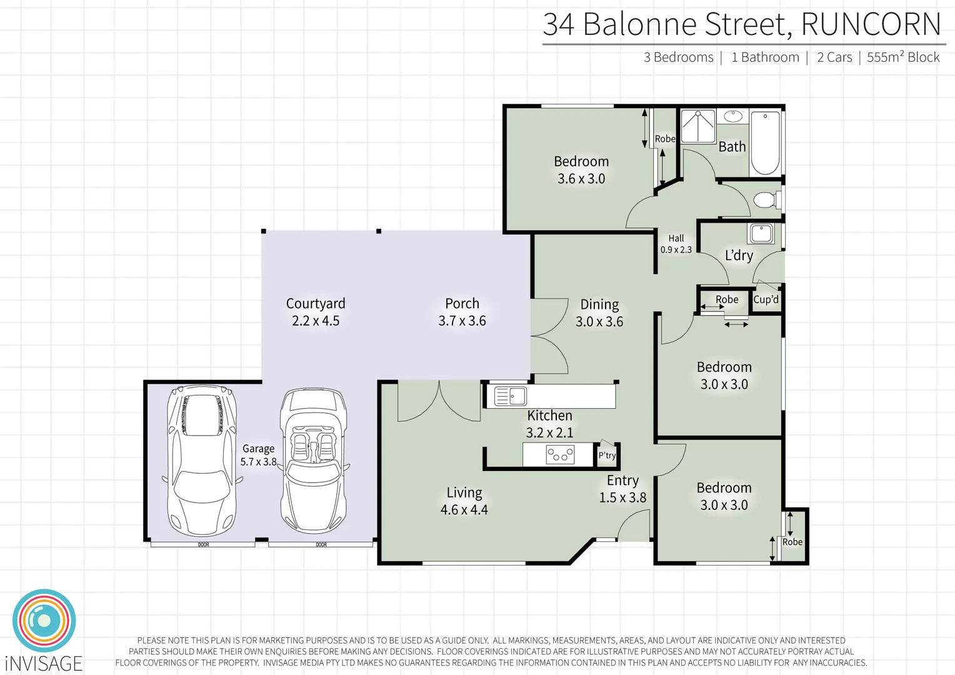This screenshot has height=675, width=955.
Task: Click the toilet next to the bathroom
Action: [x=766, y=200]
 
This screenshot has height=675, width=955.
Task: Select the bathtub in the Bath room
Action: [x=765, y=142]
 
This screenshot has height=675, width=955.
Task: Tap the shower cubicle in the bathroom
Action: [x=697, y=126]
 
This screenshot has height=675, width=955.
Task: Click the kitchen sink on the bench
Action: [x=510, y=396]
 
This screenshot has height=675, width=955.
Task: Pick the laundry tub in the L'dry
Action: [x=761, y=234]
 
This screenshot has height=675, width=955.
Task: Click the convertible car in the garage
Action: [x=313, y=461]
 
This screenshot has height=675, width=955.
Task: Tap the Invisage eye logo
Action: [x=44, y=621]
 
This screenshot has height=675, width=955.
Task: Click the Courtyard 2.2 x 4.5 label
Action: [x=316, y=312]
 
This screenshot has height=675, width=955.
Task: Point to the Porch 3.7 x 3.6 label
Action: [x=462, y=312]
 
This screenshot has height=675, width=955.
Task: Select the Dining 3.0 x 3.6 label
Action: [x=599, y=313]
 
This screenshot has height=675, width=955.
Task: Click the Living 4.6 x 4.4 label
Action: [x=464, y=501]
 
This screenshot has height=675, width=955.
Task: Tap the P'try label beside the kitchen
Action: [x=607, y=455]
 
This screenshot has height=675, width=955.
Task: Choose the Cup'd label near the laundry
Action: [x=766, y=299]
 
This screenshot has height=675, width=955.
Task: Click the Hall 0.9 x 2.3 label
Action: [x=676, y=244]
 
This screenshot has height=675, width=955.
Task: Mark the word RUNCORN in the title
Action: [x=870, y=25]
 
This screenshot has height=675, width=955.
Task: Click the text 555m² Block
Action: [x=902, y=57]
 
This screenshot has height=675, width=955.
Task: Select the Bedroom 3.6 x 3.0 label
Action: [x=581, y=170]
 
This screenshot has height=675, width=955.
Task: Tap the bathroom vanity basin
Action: [x=732, y=116]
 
